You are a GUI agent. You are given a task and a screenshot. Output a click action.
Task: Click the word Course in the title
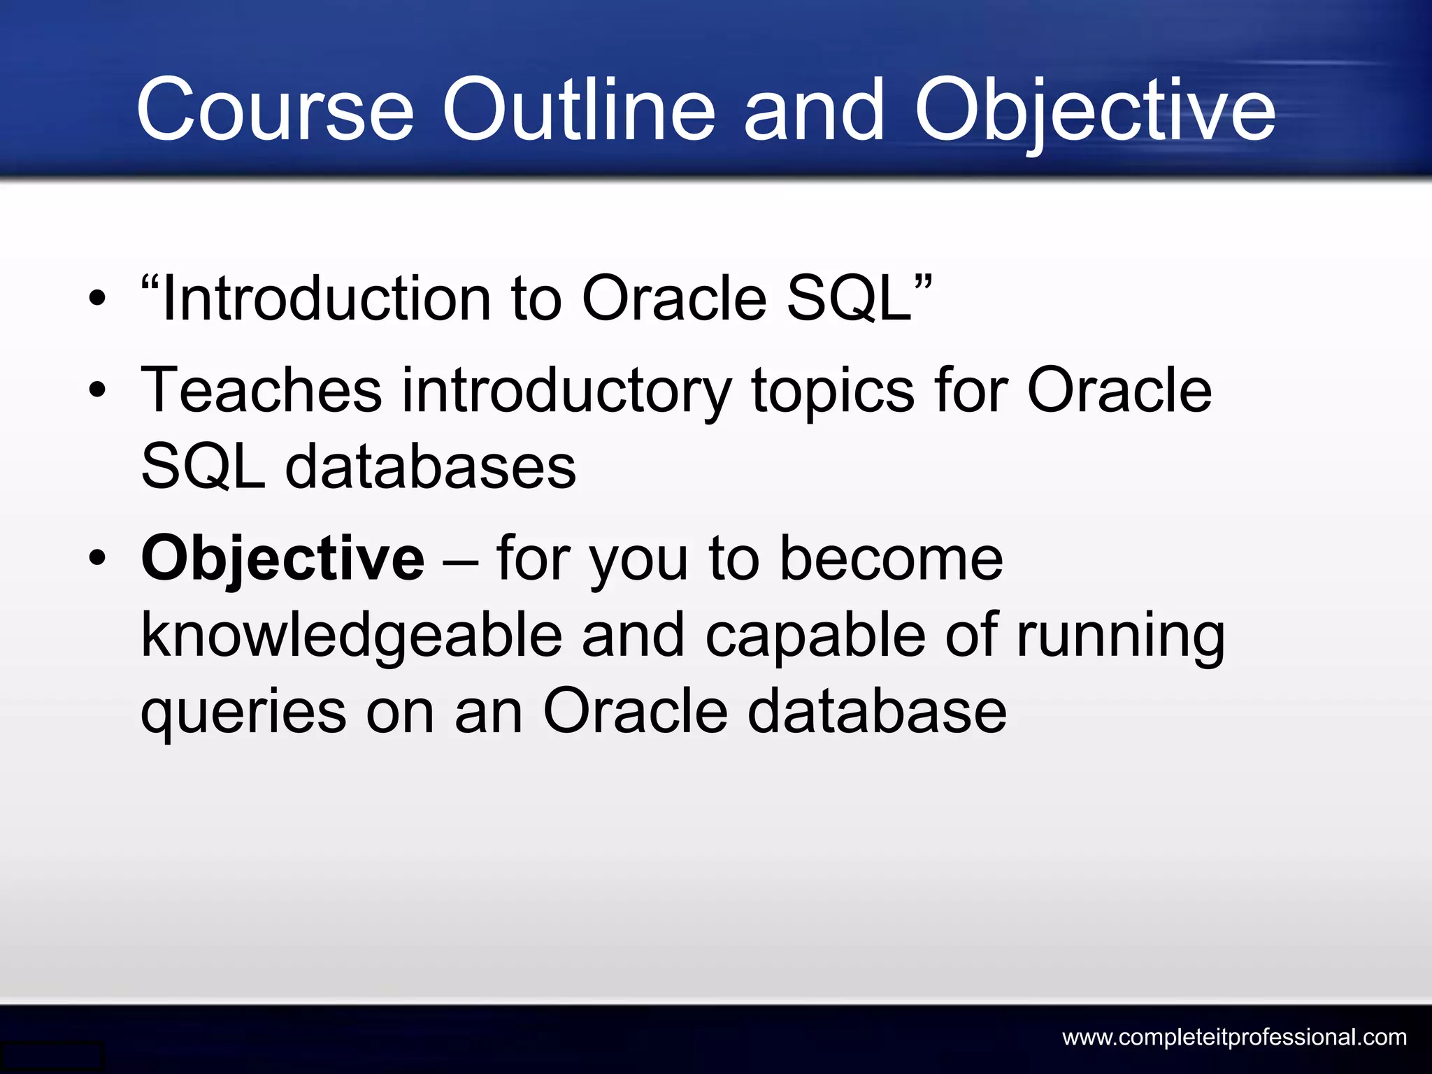pyautogui.click(x=275, y=110)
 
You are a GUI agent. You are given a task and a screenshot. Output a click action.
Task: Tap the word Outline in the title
pyautogui.click(x=579, y=110)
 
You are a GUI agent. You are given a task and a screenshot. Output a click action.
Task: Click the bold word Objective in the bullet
pyautogui.click(x=282, y=559)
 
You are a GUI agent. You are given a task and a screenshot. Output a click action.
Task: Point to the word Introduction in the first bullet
pyautogui.click(x=326, y=299)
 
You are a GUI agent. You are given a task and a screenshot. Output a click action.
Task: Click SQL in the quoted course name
pyautogui.click(x=850, y=299)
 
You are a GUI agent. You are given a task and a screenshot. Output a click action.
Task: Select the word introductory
pyautogui.click(x=566, y=392)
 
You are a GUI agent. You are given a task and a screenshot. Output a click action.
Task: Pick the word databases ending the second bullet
pyautogui.click(x=430, y=467)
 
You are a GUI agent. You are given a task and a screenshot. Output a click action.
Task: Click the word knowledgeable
pyautogui.click(x=351, y=636)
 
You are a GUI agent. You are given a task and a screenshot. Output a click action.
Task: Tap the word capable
pyautogui.click(x=815, y=636)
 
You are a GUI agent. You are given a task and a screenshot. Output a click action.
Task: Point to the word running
pyautogui.click(x=1120, y=636)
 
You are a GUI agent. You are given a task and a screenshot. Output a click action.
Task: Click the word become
pyautogui.click(x=891, y=559)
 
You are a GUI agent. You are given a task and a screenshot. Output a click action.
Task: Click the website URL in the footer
pyautogui.click(x=1234, y=1037)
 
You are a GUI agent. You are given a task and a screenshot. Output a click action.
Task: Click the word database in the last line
pyautogui.click(x=877, y=712)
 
